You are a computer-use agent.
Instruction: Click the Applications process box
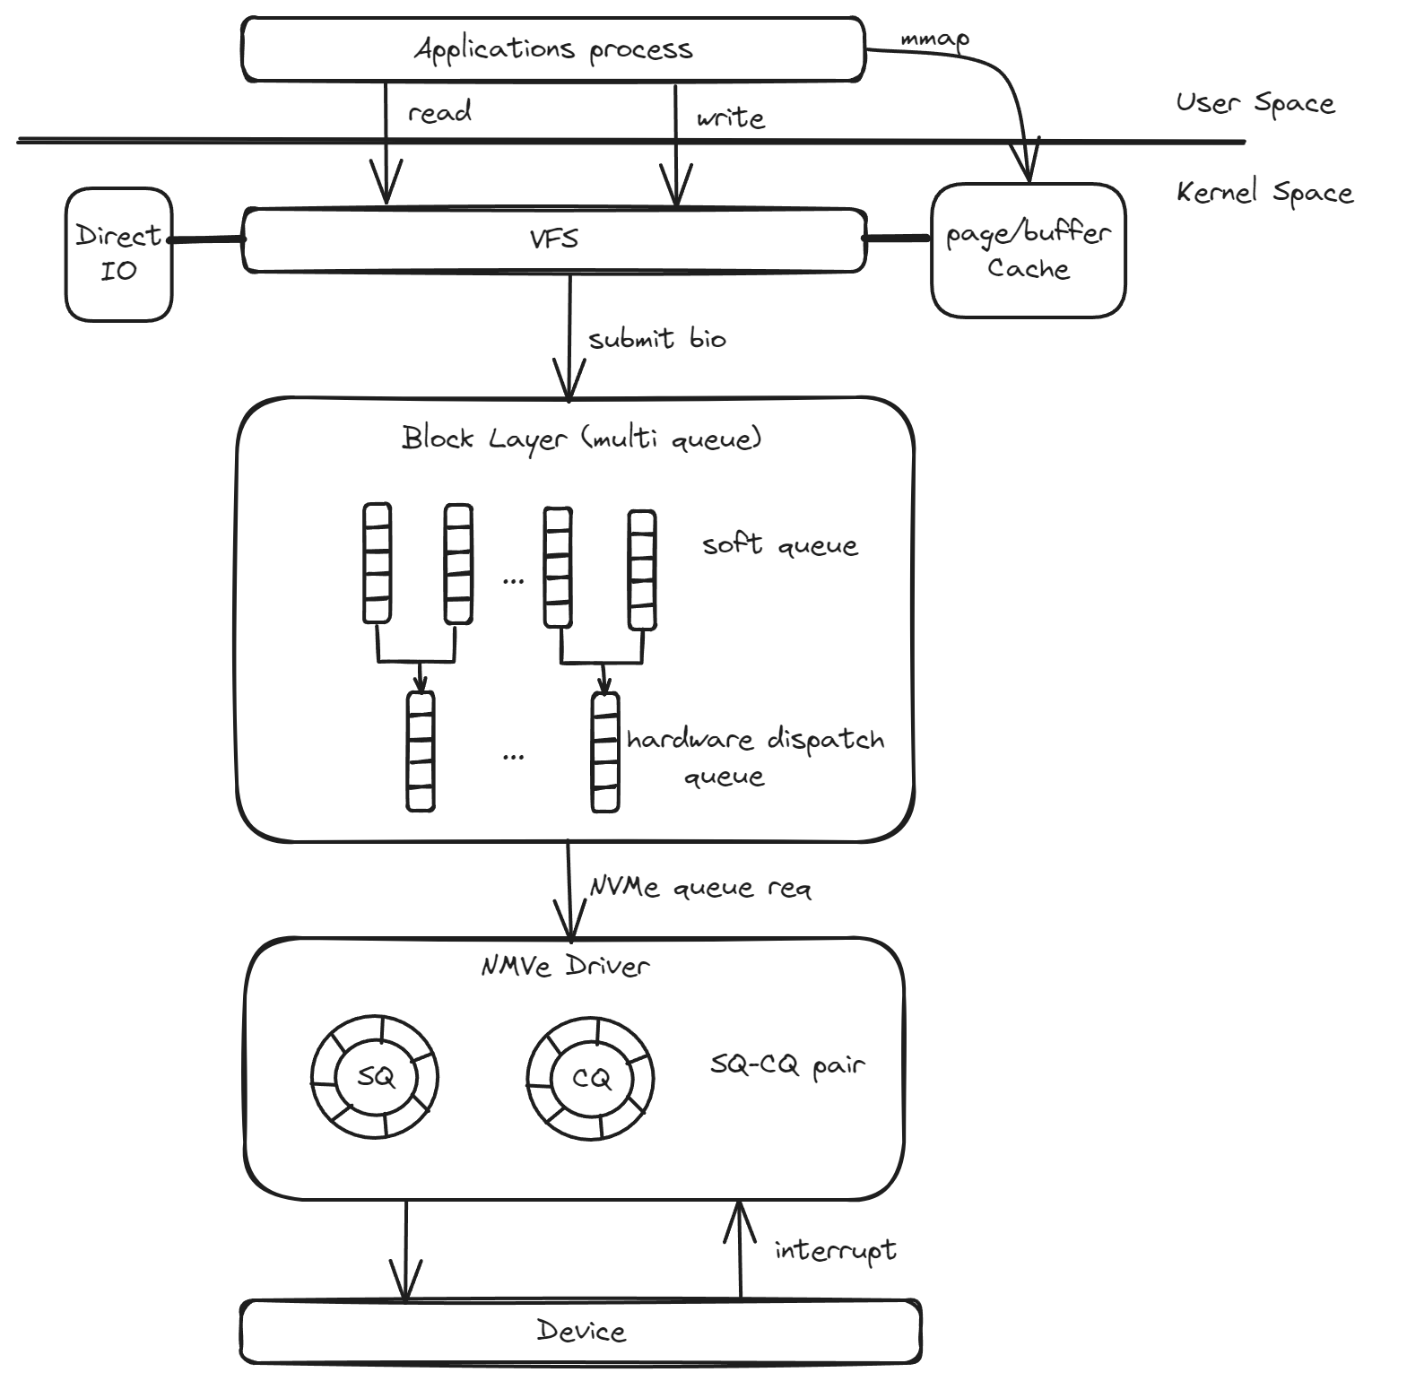click(x=553, y=48)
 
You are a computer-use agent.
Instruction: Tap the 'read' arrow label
click(x=439, y=112)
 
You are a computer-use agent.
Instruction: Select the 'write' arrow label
click(x=731, y=117)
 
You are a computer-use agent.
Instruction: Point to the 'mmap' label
click(x=934, y=40)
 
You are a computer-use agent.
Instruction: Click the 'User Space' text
click(x=1255, y=103)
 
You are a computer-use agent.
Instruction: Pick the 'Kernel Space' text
click(x=1264, y=193)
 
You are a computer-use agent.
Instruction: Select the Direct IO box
click(x=118, y=254)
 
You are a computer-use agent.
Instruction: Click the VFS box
click(x=553, y=239)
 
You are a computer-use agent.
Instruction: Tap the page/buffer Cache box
click(x=1028, y=250)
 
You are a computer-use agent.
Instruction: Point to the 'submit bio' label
click(x=657, y=339)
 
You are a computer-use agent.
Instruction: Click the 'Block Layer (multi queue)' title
click(x=581, y=439)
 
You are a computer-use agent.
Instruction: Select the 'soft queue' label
click(x=780, y=544)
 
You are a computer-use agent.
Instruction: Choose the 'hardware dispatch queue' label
click(x=755, y=756)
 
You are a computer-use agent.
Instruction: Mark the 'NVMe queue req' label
click(x=700, y=888)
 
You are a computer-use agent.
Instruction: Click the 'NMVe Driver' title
click(x=565, y=966)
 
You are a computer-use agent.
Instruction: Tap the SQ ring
click(x=375, y=1077)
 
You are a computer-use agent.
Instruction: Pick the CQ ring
click(x=591, y=1077)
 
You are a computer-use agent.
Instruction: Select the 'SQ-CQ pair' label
click(x=787, y=1065)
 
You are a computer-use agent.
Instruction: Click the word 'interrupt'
click(x=835, y=1250)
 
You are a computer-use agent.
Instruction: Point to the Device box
click(x=581, y=1331)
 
